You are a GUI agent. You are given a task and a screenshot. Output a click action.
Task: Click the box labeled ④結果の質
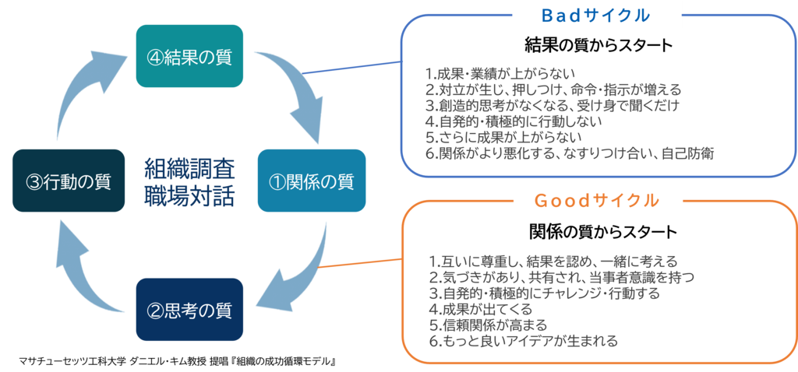pos(190,56)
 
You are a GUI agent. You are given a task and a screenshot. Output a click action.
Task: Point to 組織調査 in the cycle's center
pos(189,168)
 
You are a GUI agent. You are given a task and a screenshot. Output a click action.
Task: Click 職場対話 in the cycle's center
pos(189,195)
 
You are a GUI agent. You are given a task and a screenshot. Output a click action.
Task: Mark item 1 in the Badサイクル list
pos(499,75)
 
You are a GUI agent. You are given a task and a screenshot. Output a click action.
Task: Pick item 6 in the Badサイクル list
pos(565,153)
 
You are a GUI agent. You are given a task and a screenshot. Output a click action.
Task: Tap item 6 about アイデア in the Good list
pos(522,341)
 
